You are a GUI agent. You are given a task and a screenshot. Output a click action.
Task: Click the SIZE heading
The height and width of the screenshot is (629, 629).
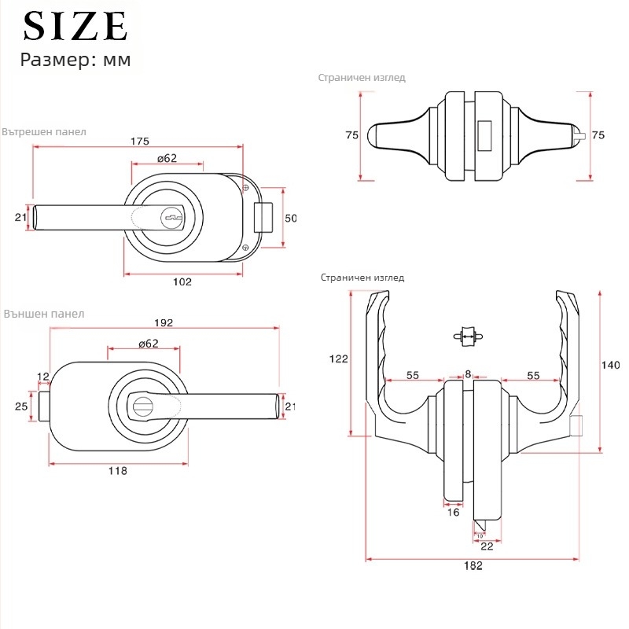75,26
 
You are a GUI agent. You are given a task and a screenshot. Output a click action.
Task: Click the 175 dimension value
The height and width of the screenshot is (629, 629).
140,142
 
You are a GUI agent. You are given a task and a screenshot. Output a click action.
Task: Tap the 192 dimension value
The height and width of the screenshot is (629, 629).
164,322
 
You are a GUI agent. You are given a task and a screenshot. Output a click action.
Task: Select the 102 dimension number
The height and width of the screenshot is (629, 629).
182,281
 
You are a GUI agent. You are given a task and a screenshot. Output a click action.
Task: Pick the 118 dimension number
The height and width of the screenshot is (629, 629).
117,470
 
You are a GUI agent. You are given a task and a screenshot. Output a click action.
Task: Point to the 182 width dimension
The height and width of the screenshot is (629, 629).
473,565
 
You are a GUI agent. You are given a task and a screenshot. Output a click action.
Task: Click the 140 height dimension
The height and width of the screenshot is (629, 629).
610,365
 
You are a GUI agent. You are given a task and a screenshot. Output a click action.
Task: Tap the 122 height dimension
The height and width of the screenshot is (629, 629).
339,359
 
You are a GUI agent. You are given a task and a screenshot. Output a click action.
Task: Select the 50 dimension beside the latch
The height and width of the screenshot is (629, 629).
290,219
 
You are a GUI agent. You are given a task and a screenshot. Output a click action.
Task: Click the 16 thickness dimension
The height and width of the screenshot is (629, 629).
453,513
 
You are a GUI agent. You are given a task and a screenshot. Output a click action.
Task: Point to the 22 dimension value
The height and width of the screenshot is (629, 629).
487,546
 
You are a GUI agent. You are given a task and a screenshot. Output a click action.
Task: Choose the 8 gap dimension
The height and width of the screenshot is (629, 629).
468,374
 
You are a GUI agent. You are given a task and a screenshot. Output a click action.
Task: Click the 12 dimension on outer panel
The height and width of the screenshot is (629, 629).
43,377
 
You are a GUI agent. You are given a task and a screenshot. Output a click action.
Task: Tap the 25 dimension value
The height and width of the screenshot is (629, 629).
21,406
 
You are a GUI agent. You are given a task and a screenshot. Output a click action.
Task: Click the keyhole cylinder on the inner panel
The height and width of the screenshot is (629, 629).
171,219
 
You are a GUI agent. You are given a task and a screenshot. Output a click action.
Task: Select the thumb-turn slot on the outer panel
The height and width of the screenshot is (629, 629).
141,406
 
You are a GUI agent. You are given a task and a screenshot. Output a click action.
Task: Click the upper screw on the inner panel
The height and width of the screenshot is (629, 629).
246,187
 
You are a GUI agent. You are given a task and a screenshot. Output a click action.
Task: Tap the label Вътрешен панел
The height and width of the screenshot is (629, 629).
44,131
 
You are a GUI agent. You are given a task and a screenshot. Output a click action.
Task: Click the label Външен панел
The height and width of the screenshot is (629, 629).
44,314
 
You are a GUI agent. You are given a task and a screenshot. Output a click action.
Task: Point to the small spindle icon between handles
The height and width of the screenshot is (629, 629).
468,337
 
